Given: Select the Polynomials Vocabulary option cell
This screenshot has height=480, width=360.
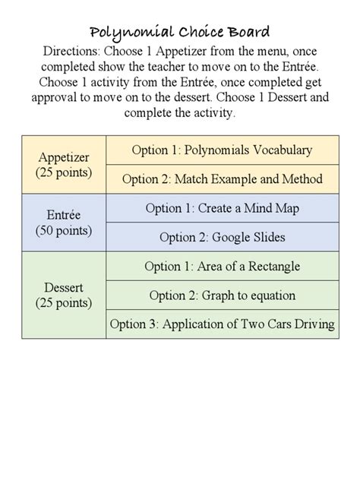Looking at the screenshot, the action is (x=222, y=150).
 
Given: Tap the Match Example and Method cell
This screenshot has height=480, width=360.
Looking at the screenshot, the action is (x=222, y=179).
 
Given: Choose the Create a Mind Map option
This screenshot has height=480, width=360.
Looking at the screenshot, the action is (x=222, y=208).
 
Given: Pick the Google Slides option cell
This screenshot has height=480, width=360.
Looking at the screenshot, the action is (x=222, y=237).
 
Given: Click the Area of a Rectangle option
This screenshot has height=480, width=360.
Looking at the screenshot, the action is (x=222, y=267).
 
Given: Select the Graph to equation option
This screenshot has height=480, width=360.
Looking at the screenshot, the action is (x=222, y=295).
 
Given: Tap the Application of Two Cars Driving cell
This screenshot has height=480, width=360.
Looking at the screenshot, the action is (x=222, y=324).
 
